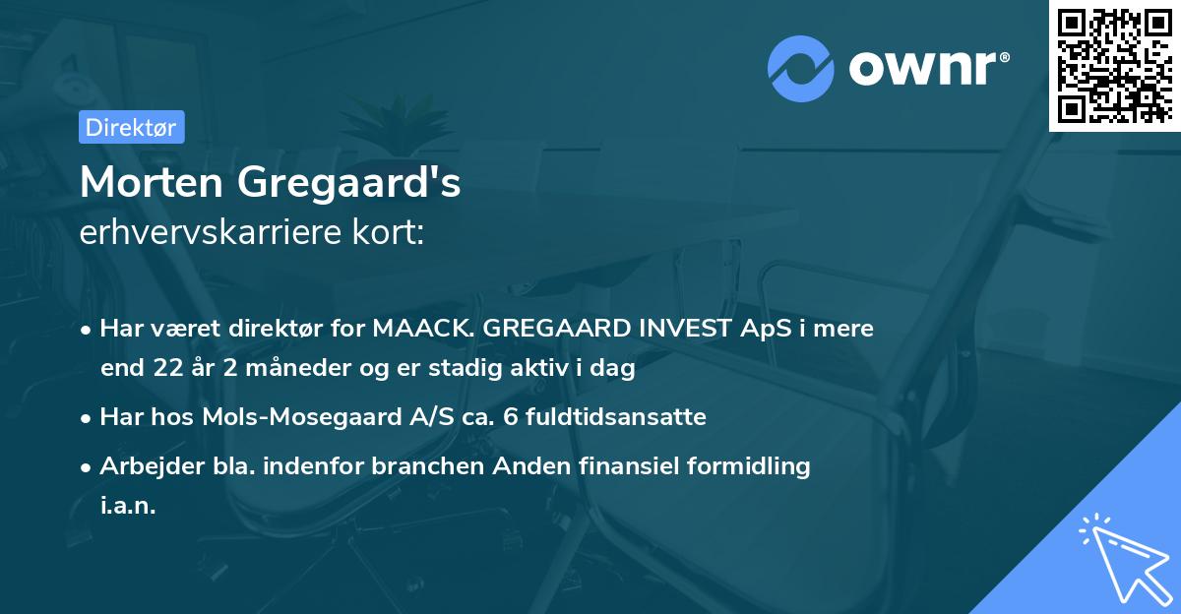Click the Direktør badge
click(x=131, y=127)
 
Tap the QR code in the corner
click(x=1114, y=65)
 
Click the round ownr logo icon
click(x=802, y=67)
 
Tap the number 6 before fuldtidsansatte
click(x=508, y=417)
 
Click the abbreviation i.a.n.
click(x=128, y=507)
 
